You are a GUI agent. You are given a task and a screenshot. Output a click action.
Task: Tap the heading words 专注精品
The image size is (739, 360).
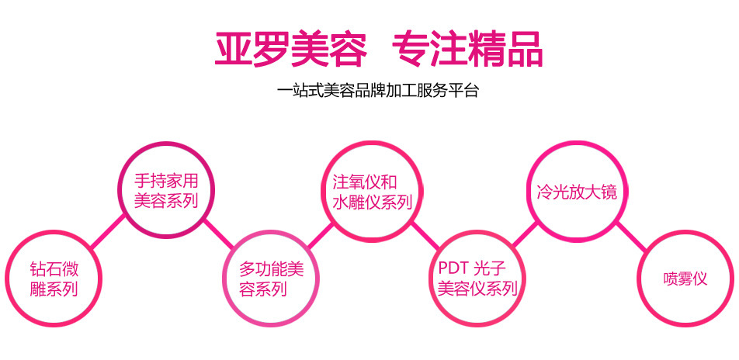(x=467, y=49)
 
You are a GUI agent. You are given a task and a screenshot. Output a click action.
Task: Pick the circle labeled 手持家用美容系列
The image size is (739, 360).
(x=166, y=190)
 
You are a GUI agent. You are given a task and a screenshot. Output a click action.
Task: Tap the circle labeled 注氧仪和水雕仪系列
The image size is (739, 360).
(x=367, y=190)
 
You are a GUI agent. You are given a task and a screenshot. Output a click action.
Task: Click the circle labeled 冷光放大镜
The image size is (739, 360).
(x=577, y=190)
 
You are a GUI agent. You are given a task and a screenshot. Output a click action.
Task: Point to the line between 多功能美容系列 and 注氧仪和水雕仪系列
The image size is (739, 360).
(x=319, y=234)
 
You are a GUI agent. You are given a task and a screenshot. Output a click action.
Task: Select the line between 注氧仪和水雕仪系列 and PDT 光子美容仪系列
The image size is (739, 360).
(x=422, y=234)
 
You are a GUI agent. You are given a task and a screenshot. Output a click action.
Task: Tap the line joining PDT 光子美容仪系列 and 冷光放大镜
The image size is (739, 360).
(x=527, y=234)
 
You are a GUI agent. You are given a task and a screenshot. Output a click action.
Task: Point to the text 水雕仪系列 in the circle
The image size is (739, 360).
(x=367, y=202)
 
